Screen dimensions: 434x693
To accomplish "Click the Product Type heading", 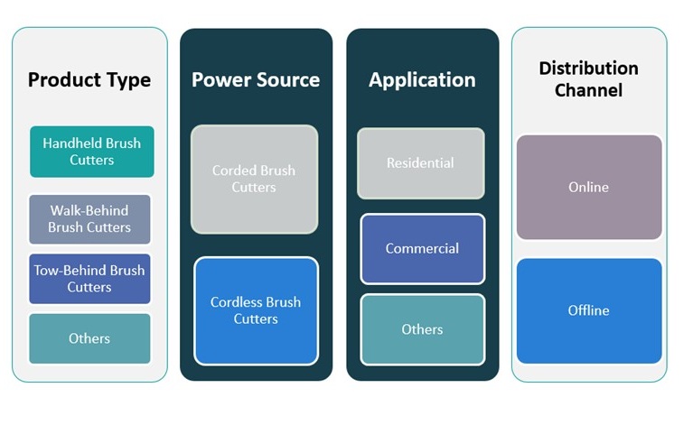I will [89, 79].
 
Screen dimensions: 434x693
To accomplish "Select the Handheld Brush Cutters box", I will [91, 152].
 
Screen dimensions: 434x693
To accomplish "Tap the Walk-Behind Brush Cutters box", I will [89, 219].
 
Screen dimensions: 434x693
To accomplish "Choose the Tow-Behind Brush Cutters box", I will [89, 278].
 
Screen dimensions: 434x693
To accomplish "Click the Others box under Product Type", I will [89, 338].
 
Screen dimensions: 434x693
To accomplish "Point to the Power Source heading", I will [256, 79].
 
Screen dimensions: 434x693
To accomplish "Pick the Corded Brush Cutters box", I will [254, 179].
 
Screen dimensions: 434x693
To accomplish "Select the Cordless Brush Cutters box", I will [256, 310].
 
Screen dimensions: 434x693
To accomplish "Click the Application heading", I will [422, 79].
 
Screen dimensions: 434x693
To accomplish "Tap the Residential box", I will [420, 163].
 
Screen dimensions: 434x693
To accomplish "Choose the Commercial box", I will [422, 248].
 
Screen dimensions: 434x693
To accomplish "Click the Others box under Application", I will [422, 329].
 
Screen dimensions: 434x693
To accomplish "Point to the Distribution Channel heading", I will [588, 79].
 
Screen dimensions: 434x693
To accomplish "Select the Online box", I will [588, 187].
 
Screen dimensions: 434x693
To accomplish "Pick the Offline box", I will [588, 310].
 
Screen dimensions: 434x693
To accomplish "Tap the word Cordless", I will [238, 302].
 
